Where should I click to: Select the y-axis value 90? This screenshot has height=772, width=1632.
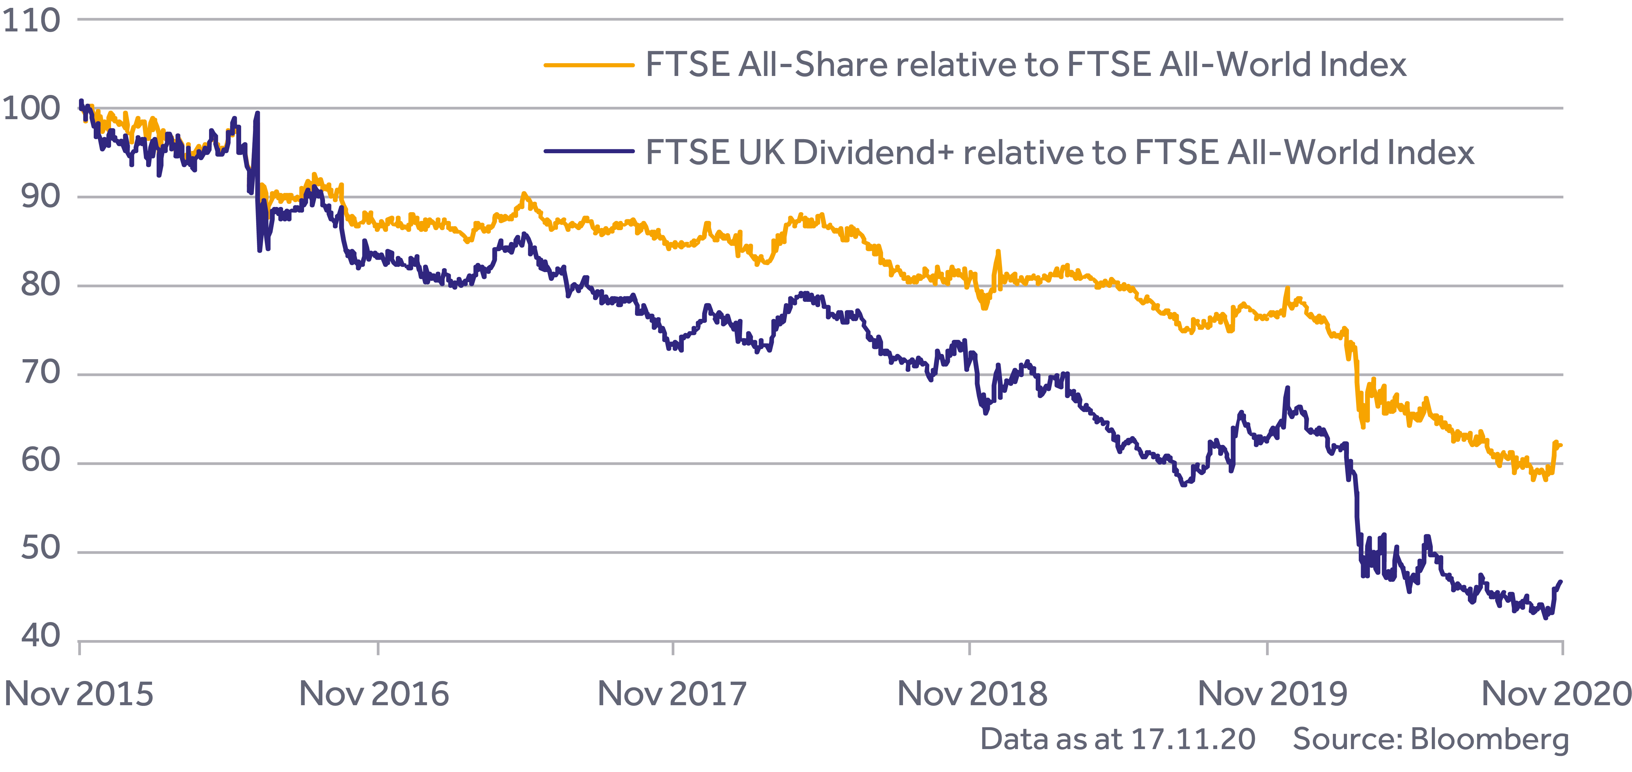click(41, 197)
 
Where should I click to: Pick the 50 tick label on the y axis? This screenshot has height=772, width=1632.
click(41, 548)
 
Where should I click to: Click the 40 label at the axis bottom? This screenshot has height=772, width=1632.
click(41, 636)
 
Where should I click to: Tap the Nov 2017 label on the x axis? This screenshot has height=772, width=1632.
click(672, 694)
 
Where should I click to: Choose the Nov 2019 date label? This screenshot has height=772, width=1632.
click(1272, 694)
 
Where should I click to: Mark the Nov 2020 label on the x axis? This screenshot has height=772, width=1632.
click(1556, 694)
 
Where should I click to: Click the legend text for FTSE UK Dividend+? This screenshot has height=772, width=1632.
click(1059, 153)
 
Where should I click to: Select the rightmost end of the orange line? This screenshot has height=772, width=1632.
click(1561, 445)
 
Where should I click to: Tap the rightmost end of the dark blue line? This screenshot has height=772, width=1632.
click(1561, 581)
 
